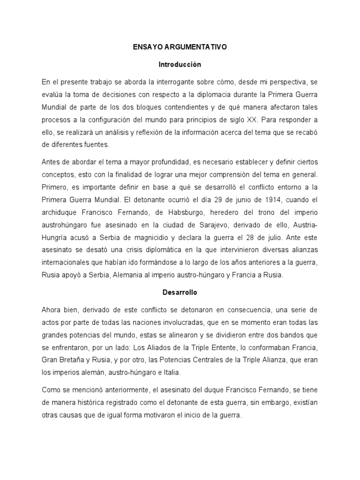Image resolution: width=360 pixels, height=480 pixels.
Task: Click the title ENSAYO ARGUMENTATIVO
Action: [x=180, y=47]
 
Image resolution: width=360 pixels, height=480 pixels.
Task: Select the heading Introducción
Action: [x=180, y=64]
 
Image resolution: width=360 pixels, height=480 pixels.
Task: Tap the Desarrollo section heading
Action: [x=180, y=292]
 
